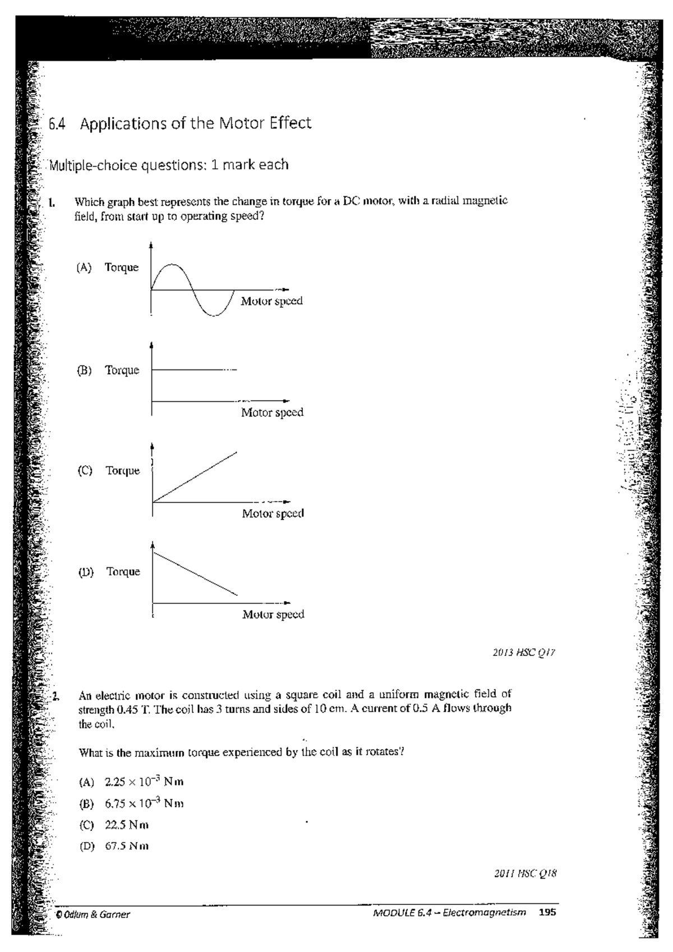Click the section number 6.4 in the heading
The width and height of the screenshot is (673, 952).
point(56,124)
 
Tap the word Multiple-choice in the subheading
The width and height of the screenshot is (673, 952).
point(85,165)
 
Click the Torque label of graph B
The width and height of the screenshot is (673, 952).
point(122,370)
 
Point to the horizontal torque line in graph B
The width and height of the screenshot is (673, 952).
point(188,369)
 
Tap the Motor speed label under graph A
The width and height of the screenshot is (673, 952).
point(271,301)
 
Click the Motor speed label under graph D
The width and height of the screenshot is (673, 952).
point(273,614)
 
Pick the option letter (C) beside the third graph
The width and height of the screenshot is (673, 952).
point(85,471)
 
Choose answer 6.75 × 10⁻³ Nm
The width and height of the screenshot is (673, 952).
point(144,803)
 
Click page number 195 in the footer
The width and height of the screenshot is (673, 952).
point(547,912)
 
